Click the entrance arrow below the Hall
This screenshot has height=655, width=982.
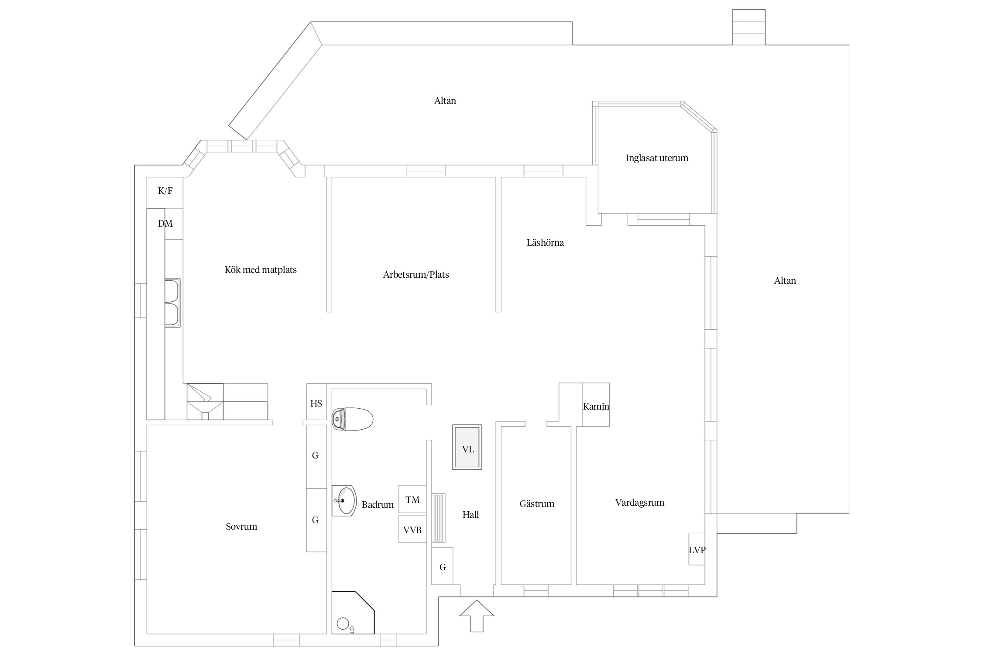point(477,616)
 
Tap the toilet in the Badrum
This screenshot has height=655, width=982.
point(353,419)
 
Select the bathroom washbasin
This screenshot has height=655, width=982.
point(344,500)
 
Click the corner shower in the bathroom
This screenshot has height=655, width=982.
point(353,612)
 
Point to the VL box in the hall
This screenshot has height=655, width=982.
point(467,447)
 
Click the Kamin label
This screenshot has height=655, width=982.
point(596,406)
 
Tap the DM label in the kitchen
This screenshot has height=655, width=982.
point(165,224)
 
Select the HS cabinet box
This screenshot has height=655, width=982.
point(316,402)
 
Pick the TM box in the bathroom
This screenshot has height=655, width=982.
point(412,499)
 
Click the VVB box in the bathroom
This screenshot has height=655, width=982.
point(412,529)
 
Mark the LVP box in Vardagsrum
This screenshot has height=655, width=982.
point(697,549)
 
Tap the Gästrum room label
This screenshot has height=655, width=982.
point(537,504)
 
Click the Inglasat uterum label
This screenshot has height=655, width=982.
point(657,158)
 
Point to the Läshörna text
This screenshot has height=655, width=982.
point(545,242)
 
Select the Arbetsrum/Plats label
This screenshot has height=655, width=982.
point(416,275)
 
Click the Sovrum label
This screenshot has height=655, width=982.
point(241,527)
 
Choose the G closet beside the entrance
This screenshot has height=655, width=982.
point(443,566)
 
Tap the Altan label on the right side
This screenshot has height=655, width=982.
point(785,281)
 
